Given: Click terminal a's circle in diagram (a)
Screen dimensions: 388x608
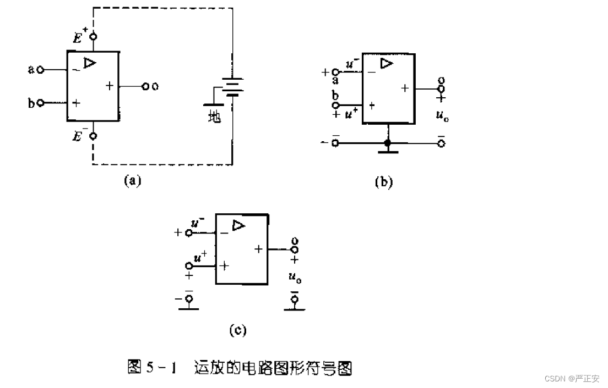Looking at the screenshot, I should pos(41,70).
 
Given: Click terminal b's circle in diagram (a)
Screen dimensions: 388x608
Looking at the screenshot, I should pos(40,103).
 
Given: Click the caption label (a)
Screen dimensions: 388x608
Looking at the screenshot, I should pos(132,181).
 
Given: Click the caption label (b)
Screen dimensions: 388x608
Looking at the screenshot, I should pos(383,182).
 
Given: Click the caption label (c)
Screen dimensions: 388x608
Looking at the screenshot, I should pos(238,330).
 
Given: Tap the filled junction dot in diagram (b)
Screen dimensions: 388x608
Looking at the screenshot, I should pos(388,143).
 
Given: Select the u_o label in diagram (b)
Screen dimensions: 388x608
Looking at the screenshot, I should pos(442,115).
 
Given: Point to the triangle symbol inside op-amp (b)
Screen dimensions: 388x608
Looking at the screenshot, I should pos(387,64).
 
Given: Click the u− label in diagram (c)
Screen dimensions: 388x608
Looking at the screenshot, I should pos(198,224).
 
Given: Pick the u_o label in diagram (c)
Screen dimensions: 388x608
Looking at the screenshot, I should pos(295,277).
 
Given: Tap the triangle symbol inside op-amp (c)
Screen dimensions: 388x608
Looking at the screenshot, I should pos(238,225).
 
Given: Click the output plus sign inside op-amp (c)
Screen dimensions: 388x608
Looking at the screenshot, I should pos(258,249).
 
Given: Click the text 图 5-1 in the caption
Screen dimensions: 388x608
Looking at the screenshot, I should pos(151,367).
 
